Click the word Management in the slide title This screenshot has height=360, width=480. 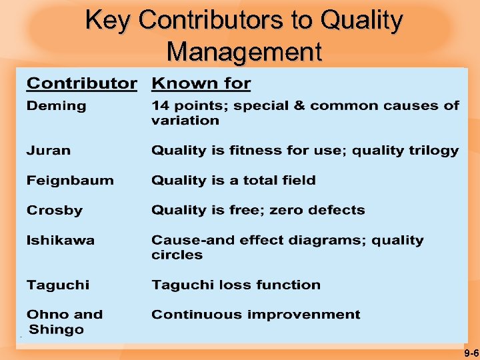point(244,51)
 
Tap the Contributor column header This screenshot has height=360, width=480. point(81,84)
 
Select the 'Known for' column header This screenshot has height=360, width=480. point(201,84)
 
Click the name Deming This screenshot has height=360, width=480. point(56,106)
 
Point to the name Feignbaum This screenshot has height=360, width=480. point(70,181)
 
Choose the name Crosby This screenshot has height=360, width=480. point(55,211)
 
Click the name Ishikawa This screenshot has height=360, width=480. point(60,241)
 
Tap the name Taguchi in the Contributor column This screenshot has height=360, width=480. point(57,285)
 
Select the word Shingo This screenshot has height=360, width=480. point(57,330)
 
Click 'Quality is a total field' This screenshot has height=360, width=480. point(233,181)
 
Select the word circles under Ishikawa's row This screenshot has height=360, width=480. point(177,255)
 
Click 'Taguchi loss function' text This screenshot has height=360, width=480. point(236,285)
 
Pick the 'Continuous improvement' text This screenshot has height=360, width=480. point(255,315)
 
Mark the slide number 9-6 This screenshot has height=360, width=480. point(471,352)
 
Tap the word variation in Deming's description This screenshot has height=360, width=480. point(185,121)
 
